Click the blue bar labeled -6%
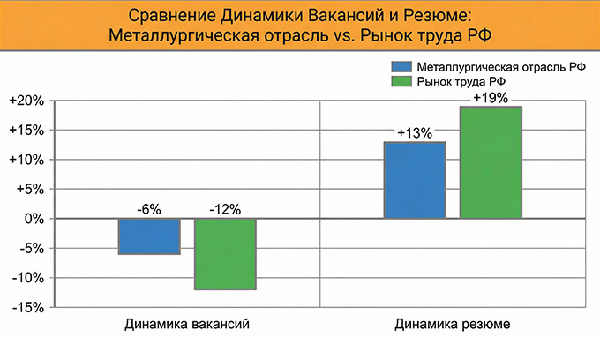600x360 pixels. [149, 236]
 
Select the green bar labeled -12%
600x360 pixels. [225, 254]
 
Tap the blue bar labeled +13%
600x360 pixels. [414, 180]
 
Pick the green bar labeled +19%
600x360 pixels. [491, 162]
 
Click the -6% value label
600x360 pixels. [149, 209]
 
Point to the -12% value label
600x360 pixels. [225, 209]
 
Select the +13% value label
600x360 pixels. [414, 133]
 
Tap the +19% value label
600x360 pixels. [491, 98]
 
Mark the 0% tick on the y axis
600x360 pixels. [32, 219]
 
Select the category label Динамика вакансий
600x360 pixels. [187, 325]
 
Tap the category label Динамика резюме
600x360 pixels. [453, 325]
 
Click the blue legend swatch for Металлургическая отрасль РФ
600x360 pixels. [401, 67]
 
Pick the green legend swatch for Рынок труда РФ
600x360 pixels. [401, 81]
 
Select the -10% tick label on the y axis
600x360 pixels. [26, 278]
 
